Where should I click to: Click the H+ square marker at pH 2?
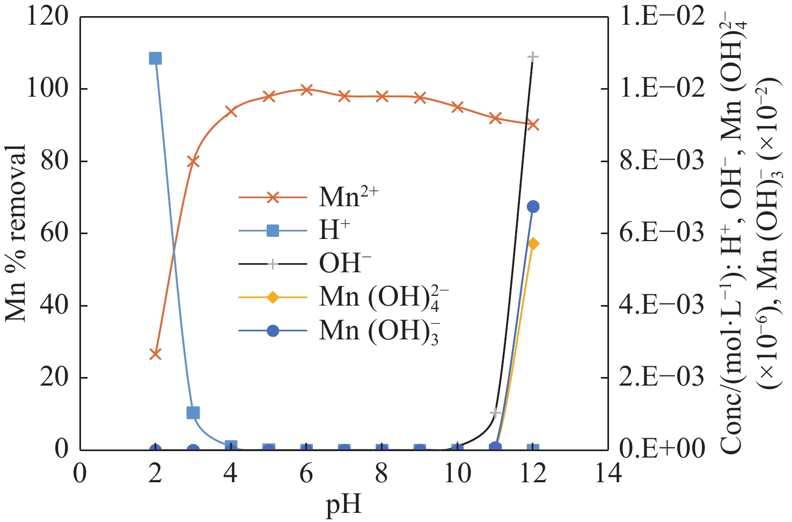155,58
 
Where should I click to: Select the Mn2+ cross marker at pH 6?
306,89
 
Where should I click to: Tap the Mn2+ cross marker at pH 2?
155,354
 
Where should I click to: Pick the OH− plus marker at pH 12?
533,56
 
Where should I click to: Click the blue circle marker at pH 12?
533,207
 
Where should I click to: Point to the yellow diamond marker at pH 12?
533,244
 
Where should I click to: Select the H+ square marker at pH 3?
193,412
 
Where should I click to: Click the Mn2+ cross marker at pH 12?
533,125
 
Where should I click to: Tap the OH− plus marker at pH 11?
495,412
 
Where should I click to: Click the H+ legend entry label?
334,231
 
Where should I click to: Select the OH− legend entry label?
345,264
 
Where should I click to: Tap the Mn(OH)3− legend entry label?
379,331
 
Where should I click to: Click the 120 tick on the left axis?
47,17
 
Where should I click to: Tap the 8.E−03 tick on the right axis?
662,161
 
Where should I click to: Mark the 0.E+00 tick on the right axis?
662,449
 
